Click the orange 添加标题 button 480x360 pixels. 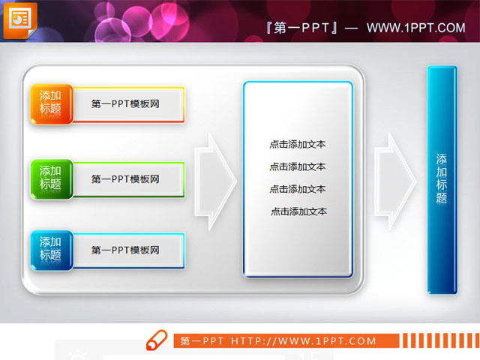51,104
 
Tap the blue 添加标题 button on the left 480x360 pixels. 51,250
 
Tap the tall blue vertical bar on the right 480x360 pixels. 442,180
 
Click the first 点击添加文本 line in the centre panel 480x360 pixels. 298,144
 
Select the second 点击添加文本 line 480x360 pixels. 298,166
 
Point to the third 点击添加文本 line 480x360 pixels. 298,189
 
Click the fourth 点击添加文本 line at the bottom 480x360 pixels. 298,211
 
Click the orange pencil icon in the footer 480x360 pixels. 157,340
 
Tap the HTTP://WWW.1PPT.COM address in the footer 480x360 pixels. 304,341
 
